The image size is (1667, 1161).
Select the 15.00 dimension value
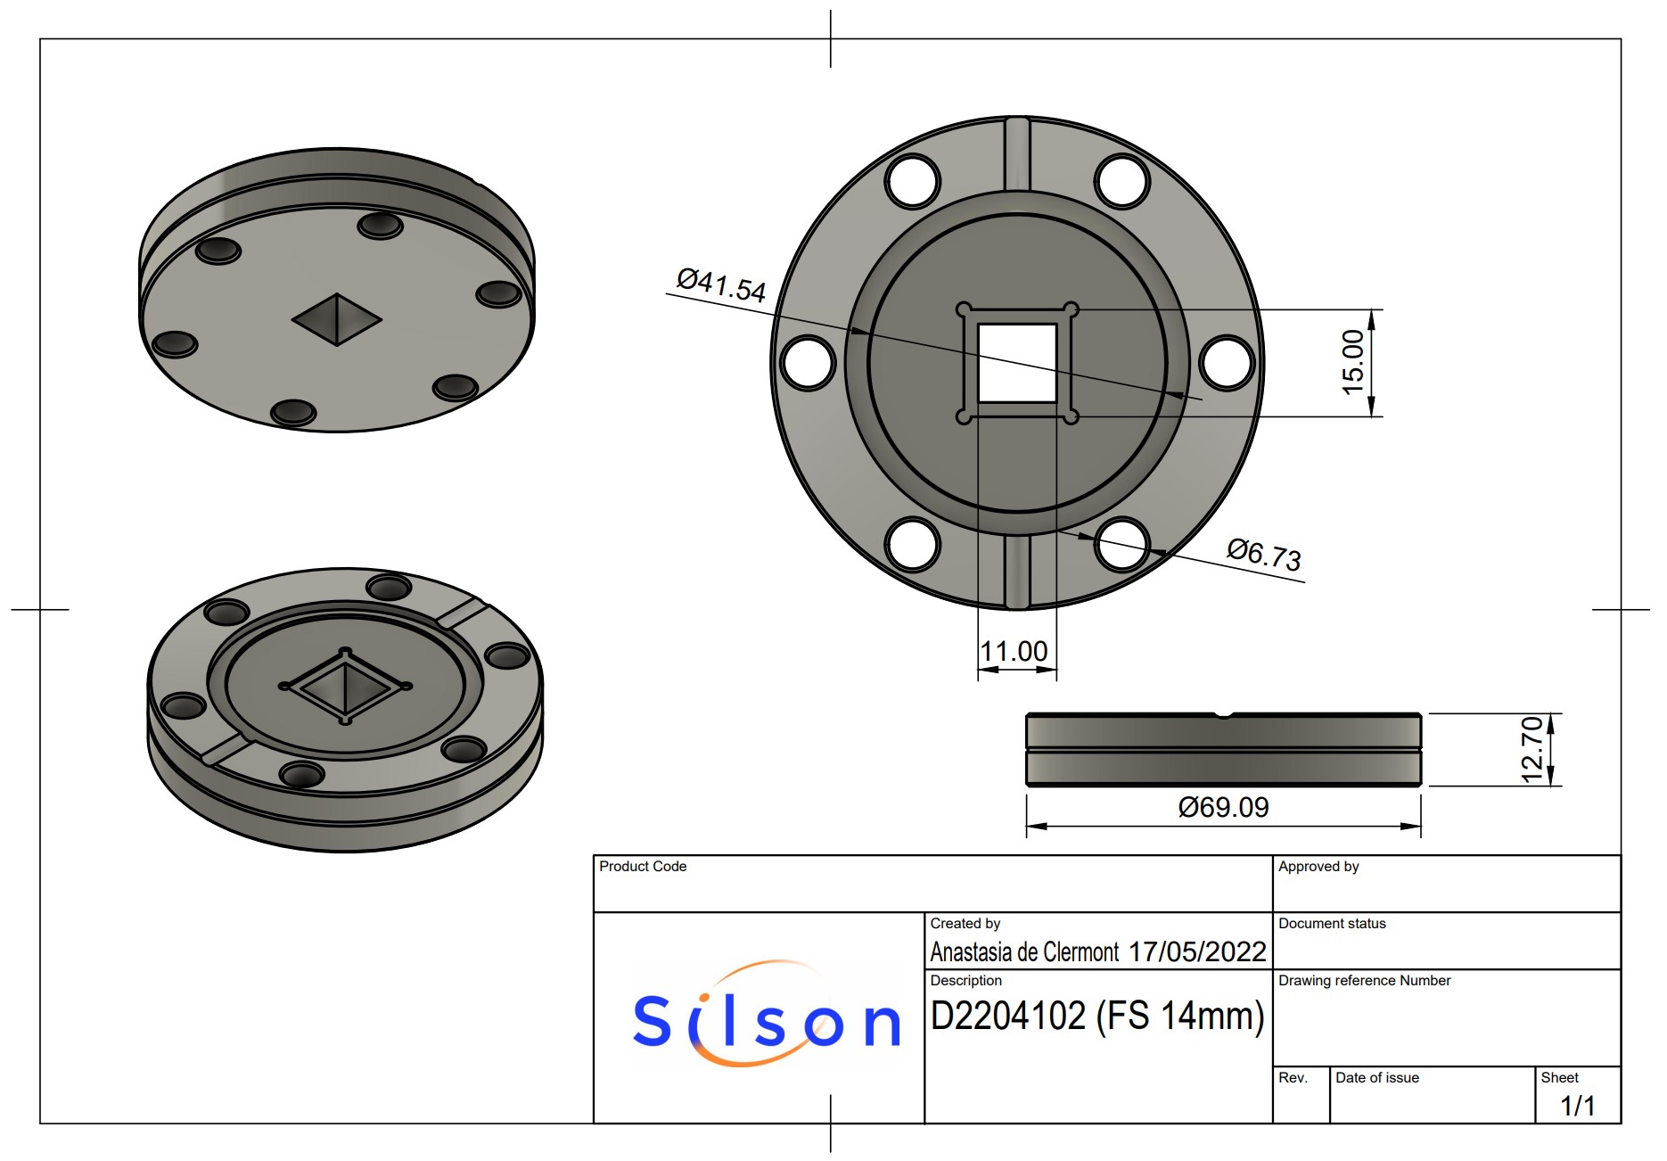(x=1353, y=362)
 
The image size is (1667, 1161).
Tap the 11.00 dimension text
(x=1014, y=652)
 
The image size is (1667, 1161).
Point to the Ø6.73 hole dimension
(x=1264, y=554)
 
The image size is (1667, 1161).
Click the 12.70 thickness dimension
(x=1532, y=750)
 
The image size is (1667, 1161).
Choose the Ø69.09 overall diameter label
(x=1223, y=808)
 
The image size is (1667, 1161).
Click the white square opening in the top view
(x=1017, y=363)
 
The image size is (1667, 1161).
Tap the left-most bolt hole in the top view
(x=808, y=363)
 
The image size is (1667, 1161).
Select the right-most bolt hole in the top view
(x=1227, y=363)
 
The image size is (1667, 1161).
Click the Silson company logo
(x=766, y=1017)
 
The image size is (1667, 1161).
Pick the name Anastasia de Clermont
(x=1024, y=952)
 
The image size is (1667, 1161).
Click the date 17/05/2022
(x=1197, y=952)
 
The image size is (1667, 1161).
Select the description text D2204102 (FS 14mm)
(x=1097, y=1017)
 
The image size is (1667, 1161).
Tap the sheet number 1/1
(x=1577, y=1106)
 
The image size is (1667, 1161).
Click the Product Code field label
(x=643, y=867)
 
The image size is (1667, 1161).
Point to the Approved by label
(x=1318, y=867)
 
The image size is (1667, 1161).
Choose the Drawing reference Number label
(x=1364, y=981)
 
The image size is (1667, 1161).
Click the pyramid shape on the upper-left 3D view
(x=337, y=318)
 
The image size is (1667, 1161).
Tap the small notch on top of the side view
(x=1223, y=715)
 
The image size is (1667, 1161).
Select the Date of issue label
(x=1376, y=1078)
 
